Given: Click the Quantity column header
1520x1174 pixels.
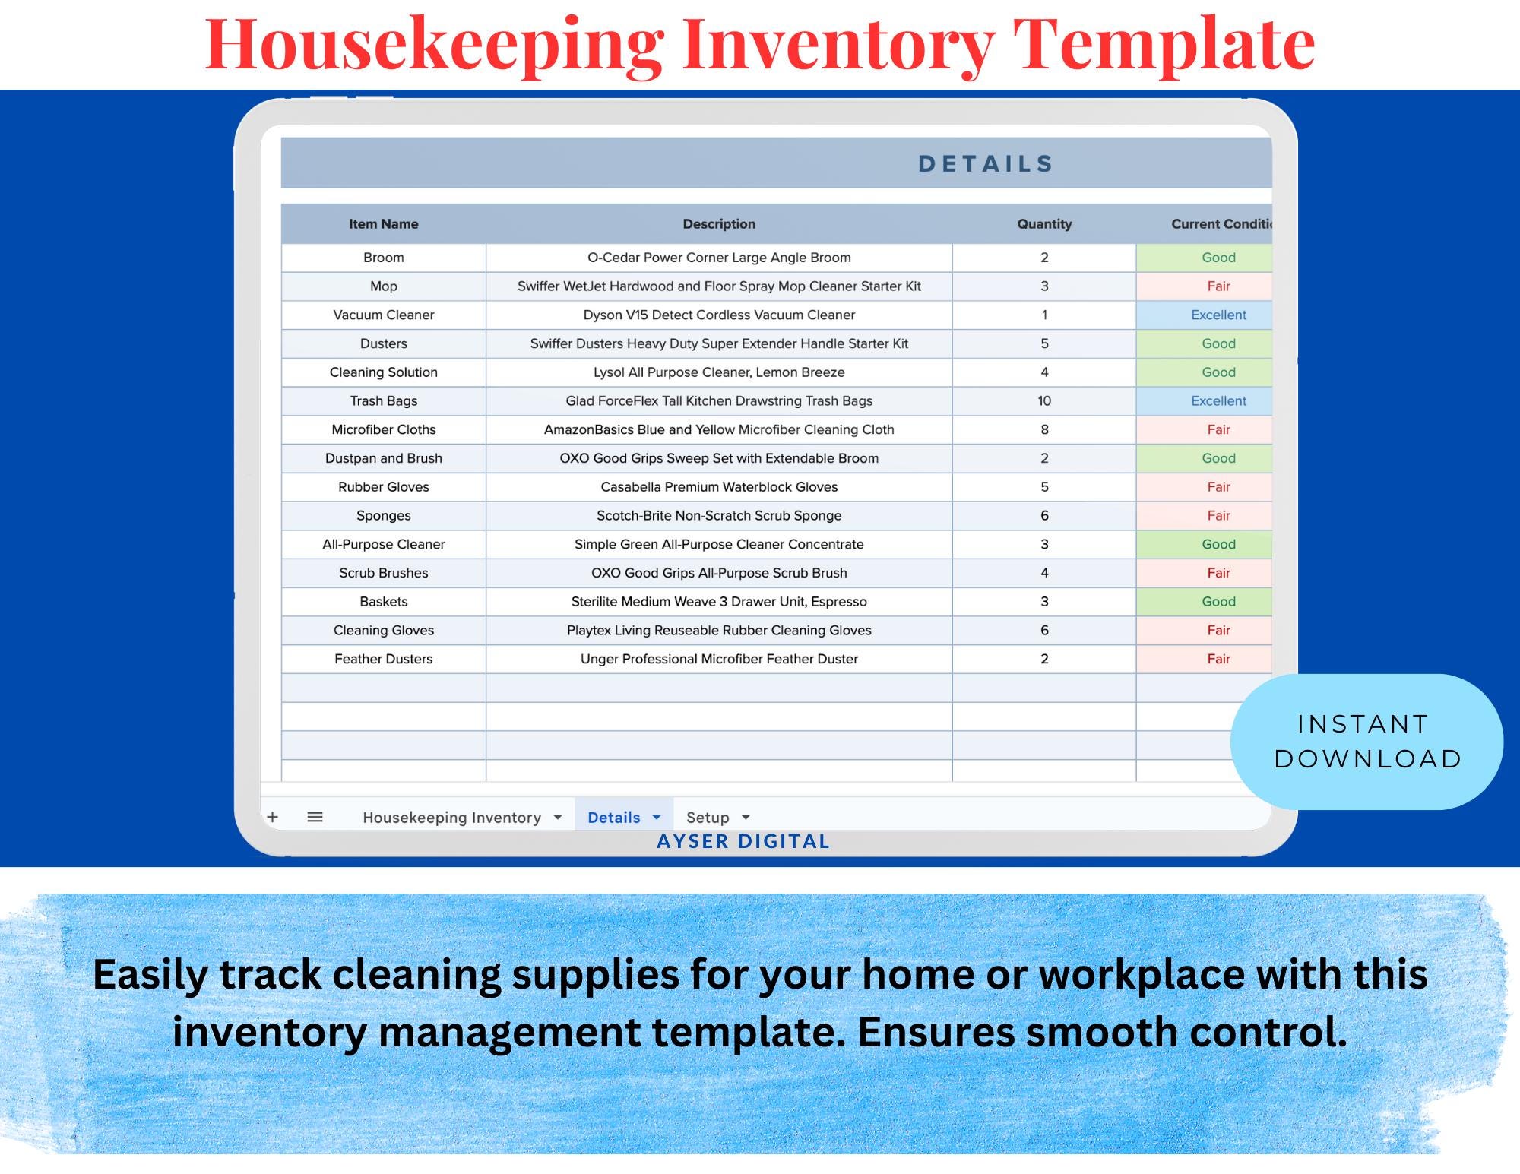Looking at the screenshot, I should (1044, 224).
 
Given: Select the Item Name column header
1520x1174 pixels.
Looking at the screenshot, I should (383, 224).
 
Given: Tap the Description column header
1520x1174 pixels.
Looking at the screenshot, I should (719, 224).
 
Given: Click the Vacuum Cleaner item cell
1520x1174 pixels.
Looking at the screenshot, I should (383, 315).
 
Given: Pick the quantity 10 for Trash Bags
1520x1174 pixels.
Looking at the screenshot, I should (1044, 400).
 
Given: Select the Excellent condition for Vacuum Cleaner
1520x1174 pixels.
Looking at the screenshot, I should (1218, 315).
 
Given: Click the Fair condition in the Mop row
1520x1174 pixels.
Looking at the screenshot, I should (1218, 286).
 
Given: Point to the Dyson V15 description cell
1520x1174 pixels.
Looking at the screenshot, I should (719, 315).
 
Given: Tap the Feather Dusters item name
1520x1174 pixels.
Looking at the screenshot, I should (383, 659).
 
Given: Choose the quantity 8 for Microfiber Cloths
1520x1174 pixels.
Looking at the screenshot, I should (1044, 429).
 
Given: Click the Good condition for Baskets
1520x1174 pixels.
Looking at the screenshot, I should (1218, 601).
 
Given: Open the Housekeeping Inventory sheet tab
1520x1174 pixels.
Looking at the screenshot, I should (452, 818).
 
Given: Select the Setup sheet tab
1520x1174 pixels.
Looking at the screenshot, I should (708, 818).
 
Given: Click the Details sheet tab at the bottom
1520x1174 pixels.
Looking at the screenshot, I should (614, 818).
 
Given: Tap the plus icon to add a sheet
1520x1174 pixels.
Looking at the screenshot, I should (273, 817).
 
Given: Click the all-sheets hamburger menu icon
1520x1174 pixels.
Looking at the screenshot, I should (315, 817).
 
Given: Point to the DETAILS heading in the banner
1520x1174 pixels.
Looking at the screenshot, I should (986, 163).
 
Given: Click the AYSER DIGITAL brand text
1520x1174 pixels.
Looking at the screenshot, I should (743, 841).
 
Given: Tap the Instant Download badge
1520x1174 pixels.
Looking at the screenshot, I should (1366, 741).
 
